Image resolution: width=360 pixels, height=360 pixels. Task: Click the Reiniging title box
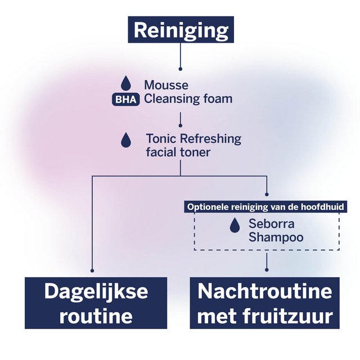[181, 29]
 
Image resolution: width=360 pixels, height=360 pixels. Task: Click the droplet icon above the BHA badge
[125, 84]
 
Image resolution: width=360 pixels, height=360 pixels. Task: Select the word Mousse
[166, 85]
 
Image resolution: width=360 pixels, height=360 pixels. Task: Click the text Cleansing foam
[188, 99]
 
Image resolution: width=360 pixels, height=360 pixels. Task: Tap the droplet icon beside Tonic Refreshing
[126, 140]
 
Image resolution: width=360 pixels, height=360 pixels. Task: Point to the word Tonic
[160, 138]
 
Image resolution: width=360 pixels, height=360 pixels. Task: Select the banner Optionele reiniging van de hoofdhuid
[266, 206]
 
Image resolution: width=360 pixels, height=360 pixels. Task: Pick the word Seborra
[272, 224]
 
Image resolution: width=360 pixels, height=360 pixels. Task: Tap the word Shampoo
[276, 237]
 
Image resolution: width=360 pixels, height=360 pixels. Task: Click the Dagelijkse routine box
[96, 303]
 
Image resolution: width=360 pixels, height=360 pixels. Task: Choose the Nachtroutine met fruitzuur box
[264, 303]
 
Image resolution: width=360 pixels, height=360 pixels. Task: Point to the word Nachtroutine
[264, 291]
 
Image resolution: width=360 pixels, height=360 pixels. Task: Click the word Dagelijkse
[96, 291]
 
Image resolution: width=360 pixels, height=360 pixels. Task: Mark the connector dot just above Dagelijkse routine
[92, 270]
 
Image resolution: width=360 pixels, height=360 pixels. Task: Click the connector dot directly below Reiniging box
[180, 69]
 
